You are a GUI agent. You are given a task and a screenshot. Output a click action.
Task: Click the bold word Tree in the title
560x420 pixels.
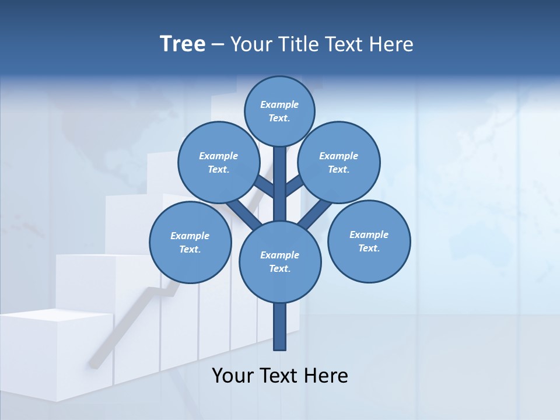[183, 44]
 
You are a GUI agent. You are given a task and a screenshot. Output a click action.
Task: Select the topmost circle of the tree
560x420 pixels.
[279, 111]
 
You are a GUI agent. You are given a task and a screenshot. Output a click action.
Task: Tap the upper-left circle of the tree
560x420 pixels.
[218, 162]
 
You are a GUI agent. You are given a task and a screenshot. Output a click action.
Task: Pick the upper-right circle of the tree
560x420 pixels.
[339, 162]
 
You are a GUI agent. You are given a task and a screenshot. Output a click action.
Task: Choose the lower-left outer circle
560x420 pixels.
[190, 242]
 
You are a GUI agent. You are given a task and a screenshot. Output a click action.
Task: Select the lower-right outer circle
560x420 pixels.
[369, 242]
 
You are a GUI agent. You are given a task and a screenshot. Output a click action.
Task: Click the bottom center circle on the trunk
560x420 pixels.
[280, 261]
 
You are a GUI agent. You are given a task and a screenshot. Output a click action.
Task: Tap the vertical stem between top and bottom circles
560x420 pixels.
[280, 181]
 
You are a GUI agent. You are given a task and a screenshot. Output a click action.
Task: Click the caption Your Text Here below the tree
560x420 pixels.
[280, 376]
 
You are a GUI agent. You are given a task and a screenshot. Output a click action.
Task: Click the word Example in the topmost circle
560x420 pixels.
[279, 104]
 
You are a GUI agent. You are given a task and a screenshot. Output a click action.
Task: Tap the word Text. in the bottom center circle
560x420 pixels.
[279, 269]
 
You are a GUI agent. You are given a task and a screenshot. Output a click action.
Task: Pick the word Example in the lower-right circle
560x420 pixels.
[369, 235]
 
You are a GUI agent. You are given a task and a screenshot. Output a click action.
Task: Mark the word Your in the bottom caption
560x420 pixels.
[232, 376]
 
